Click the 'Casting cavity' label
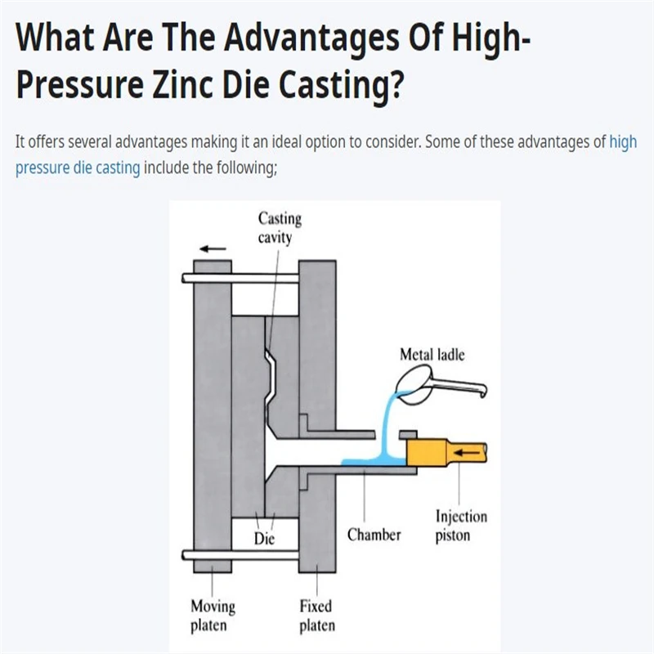point(280,228)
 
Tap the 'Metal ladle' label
point(432,355)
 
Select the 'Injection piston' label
point(461,526)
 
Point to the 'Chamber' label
point(374,535)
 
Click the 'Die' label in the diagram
point(264,540)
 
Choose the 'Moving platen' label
point(213,616)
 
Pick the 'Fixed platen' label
point(316,616)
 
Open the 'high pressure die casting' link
point(78,169)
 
